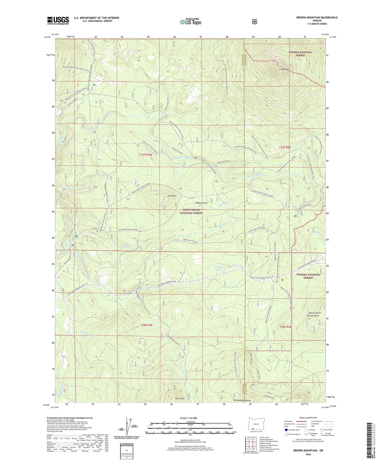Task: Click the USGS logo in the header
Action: (x=58, y=20)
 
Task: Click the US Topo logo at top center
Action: (x=190, y=22)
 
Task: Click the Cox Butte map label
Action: (x=172, y=196)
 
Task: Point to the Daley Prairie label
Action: (x=201, y=203)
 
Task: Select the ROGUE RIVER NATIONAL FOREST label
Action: (x=191, y=211)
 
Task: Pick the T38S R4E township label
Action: (x=147, y=325)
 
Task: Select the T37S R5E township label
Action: (x=285, y=147)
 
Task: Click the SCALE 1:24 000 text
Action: (x=188, y=418)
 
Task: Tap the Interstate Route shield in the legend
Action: (x=286, y=430)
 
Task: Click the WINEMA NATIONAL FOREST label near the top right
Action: (x=300, y=54)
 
